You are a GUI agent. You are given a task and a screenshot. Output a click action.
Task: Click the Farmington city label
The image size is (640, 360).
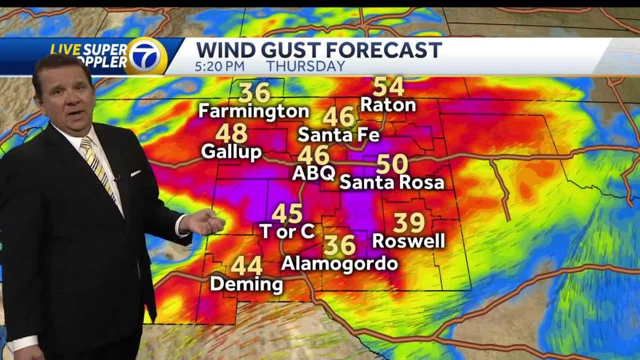(253, 111)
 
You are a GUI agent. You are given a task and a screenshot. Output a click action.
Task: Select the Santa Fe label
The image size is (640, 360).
(339, 134)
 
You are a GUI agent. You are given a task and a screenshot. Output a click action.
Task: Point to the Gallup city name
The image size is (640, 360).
(231, 151)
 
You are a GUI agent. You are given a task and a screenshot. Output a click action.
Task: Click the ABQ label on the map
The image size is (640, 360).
(314, 173)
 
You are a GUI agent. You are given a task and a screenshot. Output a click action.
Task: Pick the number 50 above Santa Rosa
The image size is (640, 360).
(392, 164)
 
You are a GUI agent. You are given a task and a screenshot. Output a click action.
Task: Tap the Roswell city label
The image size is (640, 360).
(409, 241)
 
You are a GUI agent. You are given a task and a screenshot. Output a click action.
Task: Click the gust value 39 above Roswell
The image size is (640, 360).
(409, 222)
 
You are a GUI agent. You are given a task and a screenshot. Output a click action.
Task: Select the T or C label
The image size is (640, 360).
(287, 231)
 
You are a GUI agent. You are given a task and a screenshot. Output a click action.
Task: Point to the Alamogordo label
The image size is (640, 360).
(340, 263)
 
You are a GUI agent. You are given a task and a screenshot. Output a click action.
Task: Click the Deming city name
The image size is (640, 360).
(246, 284)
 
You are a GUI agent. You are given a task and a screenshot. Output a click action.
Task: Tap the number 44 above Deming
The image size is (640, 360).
(246, 266)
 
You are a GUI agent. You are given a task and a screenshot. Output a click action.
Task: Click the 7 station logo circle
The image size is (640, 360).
(145, 55)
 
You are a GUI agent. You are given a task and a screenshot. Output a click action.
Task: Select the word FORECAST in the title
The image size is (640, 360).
(385, 50)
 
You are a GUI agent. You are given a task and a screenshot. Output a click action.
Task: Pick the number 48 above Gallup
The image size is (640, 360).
(231, 133)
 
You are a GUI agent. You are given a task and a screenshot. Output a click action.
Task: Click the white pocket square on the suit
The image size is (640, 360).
(136, 173)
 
